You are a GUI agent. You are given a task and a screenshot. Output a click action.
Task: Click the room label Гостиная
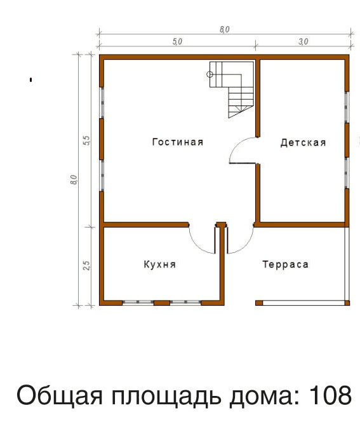(178, 142)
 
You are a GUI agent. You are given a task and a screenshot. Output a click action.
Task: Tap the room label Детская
(303, 142)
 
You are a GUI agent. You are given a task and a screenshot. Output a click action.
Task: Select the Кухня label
(160, 264)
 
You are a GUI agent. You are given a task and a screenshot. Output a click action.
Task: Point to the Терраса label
(285, 264)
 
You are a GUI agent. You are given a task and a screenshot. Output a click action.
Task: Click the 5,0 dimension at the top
(177, 41)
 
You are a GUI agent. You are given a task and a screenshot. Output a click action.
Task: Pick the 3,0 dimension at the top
(303, 41)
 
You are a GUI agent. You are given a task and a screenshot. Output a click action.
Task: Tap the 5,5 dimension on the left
(87, 140)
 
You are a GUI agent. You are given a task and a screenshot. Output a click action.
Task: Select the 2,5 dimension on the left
(87, 266)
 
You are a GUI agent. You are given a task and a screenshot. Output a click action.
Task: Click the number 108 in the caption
(330, 395)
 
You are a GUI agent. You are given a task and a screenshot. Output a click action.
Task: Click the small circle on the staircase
(210, 74)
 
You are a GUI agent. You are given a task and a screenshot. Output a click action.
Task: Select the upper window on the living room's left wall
(102, 103)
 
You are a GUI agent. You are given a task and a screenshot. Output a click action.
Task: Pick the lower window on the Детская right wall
(347, 173)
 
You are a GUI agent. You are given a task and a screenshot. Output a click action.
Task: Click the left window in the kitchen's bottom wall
(138, 303)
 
